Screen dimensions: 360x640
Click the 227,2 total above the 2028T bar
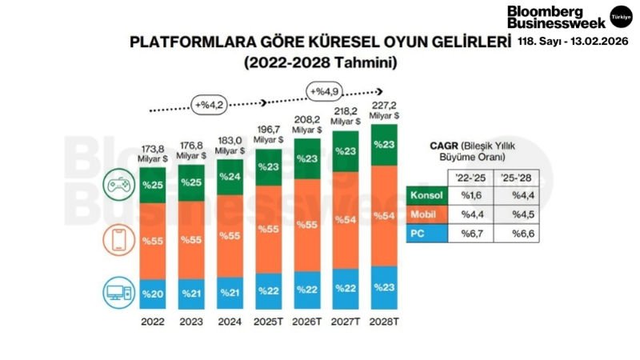tap(386, 104)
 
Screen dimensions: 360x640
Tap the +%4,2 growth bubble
tap(208, 103)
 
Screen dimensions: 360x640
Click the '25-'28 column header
tap(515, 178)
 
